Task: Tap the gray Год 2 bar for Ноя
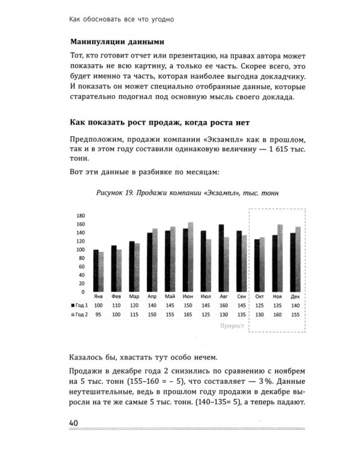pyautogui.click(x=280, y=258)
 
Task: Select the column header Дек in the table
pyautogui.click(x=295, y=297)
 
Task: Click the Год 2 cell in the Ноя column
pyautogui.click(x=277, y=315)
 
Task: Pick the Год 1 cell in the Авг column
pyautogui.click(x=223, y=307)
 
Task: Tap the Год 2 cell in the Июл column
pyautogui.click(x=206, y=315)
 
